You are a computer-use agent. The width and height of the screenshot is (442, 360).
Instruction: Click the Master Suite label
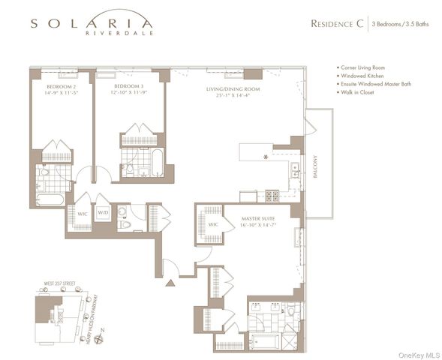click(259, 220)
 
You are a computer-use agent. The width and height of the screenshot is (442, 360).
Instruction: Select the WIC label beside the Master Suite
click(212, 223)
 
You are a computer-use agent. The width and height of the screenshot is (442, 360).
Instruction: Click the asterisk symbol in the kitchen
click(265, 157)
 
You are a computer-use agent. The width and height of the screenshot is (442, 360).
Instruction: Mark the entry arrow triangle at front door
click(170, 283)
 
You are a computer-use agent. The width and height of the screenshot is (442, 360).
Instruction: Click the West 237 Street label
click(57, 284)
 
